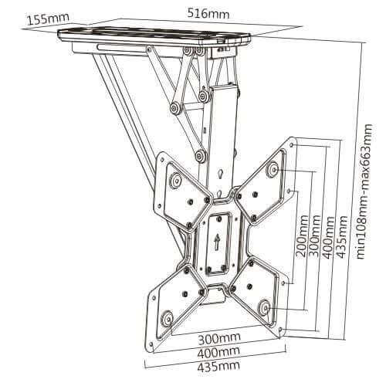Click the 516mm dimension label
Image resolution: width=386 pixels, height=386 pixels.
pyautogui.click(x=208, y=13)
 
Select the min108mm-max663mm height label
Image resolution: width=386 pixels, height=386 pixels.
pyautogui.click(x=364, y=191)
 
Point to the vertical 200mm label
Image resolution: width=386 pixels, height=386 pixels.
pyautogui.click(x=302, y=236)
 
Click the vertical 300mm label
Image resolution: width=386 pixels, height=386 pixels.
pyautogui.click(x=314, y=236)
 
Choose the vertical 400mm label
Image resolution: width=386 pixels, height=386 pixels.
pyautogui.click(x=329, y=237)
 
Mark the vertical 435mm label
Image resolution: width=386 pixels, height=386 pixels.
pyautogui.click(x=342, y=237)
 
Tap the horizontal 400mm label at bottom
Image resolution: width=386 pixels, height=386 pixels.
pyautogui.click(x=218, y=352)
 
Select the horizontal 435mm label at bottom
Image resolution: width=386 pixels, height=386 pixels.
pyautogui.click(x=218, y=365)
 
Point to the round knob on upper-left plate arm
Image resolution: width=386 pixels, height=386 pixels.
pyautogui.click(x=176, y=179)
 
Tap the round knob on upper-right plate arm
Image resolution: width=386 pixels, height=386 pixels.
pyautogui.click(x=273, y=169)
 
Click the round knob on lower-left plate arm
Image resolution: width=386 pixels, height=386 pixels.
pyautogui.click(x=167, y=319)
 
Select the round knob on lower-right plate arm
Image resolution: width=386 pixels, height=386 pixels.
pyautogui.click(x=264, y=306)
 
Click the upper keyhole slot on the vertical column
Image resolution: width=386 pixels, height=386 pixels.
pyautogui.click(x=220, y=174)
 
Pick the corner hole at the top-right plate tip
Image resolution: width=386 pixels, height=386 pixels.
pyautogui.click(x=292, y=145)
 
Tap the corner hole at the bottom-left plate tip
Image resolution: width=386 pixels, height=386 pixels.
pyautogui.click(x=151, y=344)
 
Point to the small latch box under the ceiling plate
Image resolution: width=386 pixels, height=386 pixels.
pyautogui.click(x=223, y=52)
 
